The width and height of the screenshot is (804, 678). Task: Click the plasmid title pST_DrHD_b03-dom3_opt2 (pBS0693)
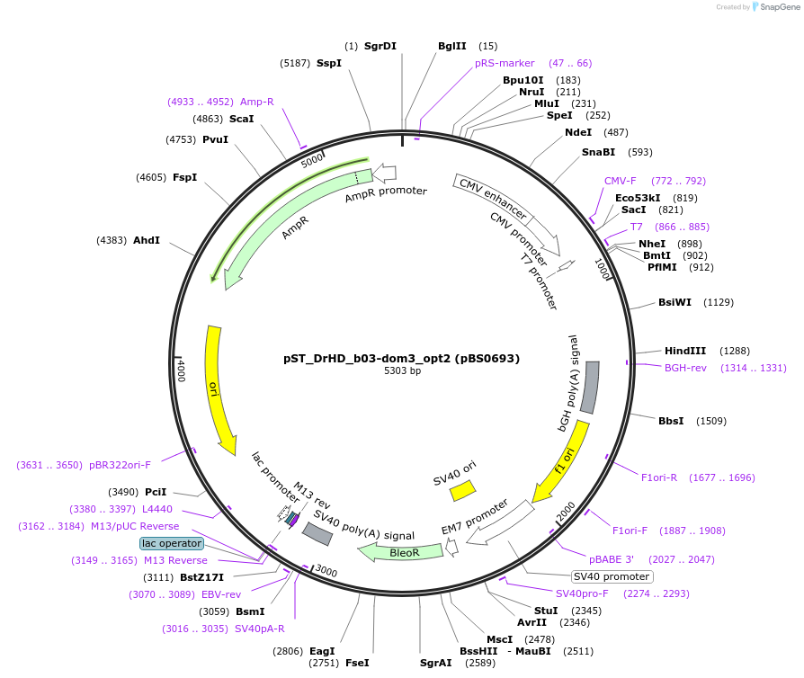(401, 358)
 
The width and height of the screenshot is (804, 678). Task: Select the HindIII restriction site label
(685, 351)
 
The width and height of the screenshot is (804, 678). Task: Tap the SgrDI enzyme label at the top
(380, 46)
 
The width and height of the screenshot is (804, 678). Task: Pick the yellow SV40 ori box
(462, 490)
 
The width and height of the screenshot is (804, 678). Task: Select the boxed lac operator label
(172, 543)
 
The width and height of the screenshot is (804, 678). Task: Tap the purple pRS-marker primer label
(505, 63)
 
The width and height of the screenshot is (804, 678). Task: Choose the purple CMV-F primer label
(620, 181)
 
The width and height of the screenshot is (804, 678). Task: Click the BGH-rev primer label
(685, 368)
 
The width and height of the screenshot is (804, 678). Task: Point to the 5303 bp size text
(401, 370)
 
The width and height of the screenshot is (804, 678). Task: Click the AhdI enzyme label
(147, 240)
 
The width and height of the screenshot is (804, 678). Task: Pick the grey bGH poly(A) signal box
(591, 387)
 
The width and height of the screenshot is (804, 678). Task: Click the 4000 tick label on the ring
(181, 368)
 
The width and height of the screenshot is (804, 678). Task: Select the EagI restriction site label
(322, 651)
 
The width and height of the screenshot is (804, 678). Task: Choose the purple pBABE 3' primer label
(612, 558)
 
